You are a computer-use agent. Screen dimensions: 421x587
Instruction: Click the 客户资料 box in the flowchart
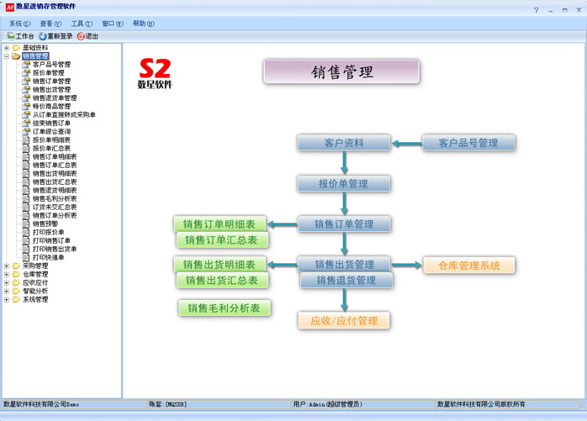coord(343,144)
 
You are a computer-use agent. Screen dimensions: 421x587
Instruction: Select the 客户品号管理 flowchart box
coord(468,144)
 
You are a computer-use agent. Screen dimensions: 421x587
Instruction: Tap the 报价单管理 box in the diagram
coord(343,183)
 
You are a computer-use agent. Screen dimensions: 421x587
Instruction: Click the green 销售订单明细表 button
coord(219,224)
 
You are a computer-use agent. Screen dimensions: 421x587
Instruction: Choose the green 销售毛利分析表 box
coord(225,308)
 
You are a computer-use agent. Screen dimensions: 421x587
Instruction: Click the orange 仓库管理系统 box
coord(469,266)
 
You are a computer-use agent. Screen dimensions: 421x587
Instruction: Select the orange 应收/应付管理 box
coord(344,320)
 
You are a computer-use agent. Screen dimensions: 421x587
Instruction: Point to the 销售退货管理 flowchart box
coord(346,280)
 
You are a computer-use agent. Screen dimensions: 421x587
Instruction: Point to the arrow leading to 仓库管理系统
coord(407,266)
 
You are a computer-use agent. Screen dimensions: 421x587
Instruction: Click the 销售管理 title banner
coord(341,72)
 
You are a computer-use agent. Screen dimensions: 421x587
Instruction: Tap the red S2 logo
coord(155,68)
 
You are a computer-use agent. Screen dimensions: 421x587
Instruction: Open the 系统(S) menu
coord(19,24)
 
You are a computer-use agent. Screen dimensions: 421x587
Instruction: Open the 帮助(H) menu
coord(144,24)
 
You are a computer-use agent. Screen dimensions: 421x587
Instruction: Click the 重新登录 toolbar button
coord(56,37)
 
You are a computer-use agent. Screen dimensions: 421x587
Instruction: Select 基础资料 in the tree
coord(35,48)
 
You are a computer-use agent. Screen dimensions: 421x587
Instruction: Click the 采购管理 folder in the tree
coord(35,266)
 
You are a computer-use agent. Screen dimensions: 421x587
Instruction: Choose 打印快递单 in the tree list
coord(48,257)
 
